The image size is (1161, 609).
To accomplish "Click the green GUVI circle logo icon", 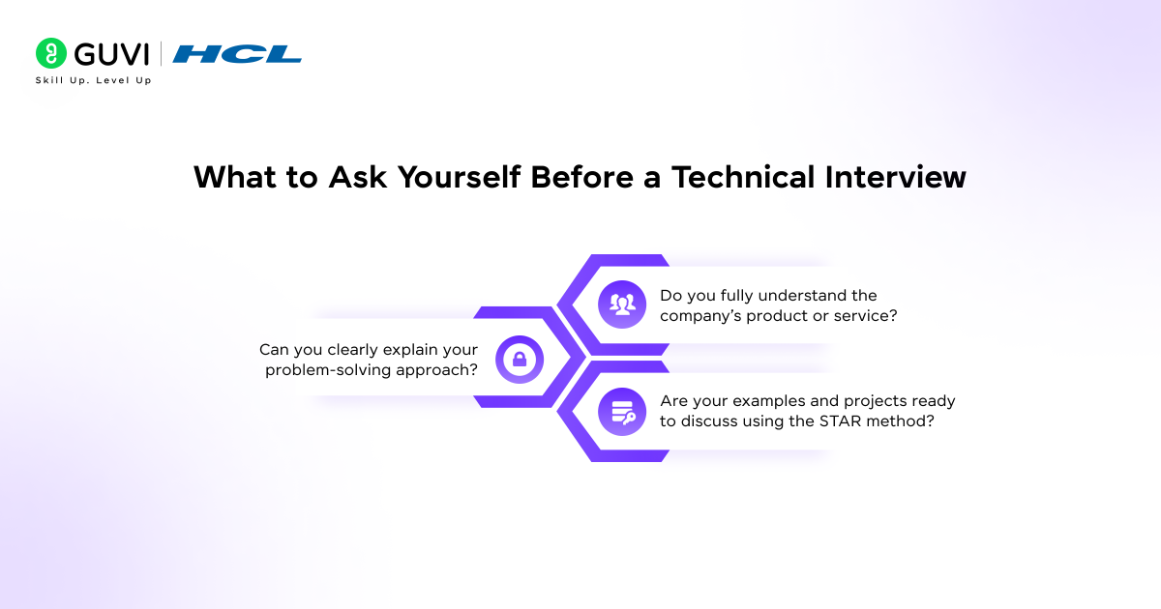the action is click(x=50, y=53).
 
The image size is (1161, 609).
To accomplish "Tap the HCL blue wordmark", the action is click(x=237, y=54).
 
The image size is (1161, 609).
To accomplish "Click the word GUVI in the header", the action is click(x=112, y=54).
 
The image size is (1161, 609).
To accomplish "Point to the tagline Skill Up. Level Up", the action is click(x=93, y=80).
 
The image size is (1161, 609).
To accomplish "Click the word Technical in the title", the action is click(x=743, y=177).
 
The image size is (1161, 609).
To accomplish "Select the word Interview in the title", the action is click(x=896, y=177).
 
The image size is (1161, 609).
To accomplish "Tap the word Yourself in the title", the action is click(x=459, y=177).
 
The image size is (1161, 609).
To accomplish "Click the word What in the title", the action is click(x=235, y=177).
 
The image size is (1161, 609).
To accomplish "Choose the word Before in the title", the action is click(x=581, y=177).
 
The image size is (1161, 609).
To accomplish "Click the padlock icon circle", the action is click(x=520, y=360).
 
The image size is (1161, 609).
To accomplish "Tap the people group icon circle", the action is click(x=622, y=304).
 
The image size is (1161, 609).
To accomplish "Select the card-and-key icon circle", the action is click(x=622, y=412).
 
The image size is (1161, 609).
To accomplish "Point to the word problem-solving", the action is click(x=328, y=370).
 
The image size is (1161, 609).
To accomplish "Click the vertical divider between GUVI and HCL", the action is click(x=161, y=54).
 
